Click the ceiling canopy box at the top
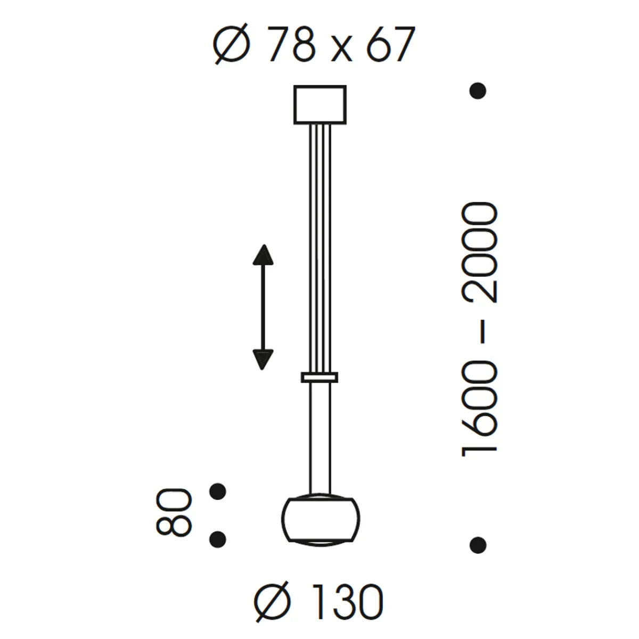[319, 104]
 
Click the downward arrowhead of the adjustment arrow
[263, 359]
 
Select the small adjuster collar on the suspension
[319, 378]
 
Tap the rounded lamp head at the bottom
[319, 520]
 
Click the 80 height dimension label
[174, 512]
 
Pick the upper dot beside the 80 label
[217, 491]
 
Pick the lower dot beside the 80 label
[217, 539]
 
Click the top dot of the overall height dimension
[478, 91]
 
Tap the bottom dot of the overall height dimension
[478, 544]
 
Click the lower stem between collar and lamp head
[319, 437]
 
